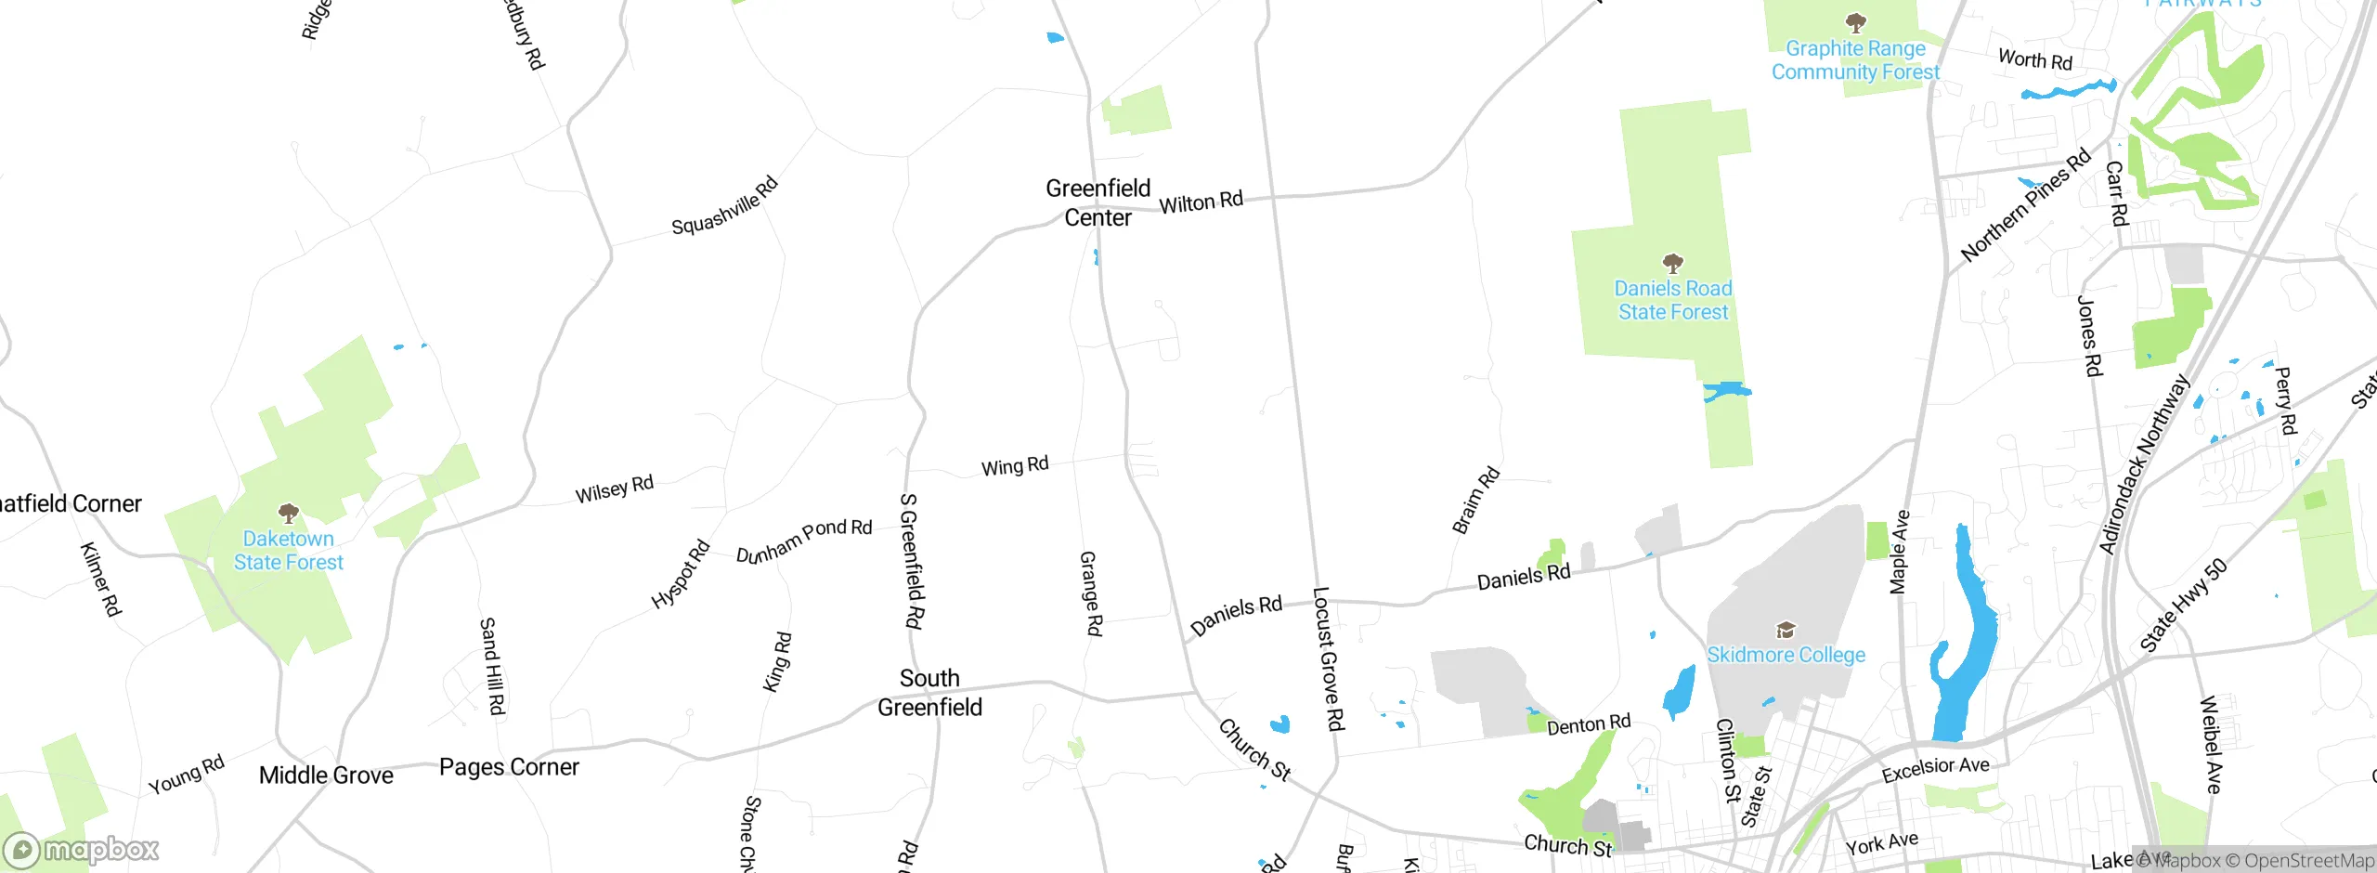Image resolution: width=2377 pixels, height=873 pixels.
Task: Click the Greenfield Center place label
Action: point(1098,202)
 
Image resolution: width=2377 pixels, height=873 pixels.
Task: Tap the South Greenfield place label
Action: point(929,693)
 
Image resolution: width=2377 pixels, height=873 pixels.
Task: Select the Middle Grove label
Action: point(326,775)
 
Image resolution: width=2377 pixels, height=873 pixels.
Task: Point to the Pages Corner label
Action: point(509,767)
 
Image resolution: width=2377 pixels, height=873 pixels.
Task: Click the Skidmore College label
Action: point(1786,655)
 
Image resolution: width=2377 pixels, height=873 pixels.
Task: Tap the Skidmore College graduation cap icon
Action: point(1785,631)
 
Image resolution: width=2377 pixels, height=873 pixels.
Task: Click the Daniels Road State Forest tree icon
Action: point(1672,263)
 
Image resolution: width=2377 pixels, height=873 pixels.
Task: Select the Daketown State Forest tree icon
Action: point(289,513)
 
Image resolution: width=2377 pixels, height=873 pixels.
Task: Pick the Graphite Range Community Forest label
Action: point(1855,60)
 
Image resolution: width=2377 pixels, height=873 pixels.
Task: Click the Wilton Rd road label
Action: point(1201,202)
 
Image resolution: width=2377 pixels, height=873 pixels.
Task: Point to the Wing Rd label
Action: point(1015,465)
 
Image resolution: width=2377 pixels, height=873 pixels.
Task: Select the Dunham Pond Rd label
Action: point(804,541)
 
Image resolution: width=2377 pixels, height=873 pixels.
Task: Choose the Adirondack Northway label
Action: point(2144,464)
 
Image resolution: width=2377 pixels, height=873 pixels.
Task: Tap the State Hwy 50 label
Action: point(2183,606)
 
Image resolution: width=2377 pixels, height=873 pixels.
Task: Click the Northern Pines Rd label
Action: point(2025,204)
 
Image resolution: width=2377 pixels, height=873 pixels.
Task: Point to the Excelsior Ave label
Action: point(1935,769)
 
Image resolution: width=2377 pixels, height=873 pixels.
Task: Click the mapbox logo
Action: point(82,850)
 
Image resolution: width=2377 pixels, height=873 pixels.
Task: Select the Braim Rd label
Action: point(1475,500)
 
